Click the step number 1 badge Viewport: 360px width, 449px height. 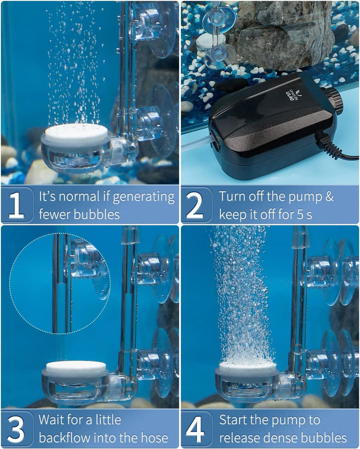click(x=16, y=205)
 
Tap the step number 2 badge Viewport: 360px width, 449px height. click(x=196, y=205)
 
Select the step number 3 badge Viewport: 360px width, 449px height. click(x=16, y=429)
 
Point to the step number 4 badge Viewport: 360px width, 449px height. click(x=196, y=429)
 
